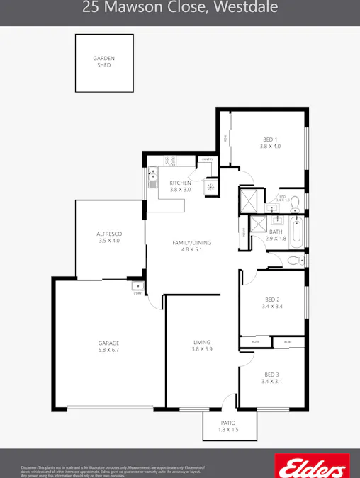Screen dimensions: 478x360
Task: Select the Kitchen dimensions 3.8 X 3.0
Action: pos(180,190)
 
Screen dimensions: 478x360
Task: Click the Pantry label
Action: pos(207,160)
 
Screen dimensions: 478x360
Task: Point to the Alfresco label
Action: pos(110,234)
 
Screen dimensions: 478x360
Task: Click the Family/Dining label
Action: pos(192,243)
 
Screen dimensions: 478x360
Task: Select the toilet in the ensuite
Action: pos(296,202)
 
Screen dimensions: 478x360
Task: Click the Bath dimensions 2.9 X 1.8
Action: pos(276,239)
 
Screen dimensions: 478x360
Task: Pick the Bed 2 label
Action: pos(271,300)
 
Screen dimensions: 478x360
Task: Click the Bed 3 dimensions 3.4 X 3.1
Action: pos(271,382)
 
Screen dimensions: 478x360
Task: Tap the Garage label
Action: pos(108,343)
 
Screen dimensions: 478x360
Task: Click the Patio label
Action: pos(229,423)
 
